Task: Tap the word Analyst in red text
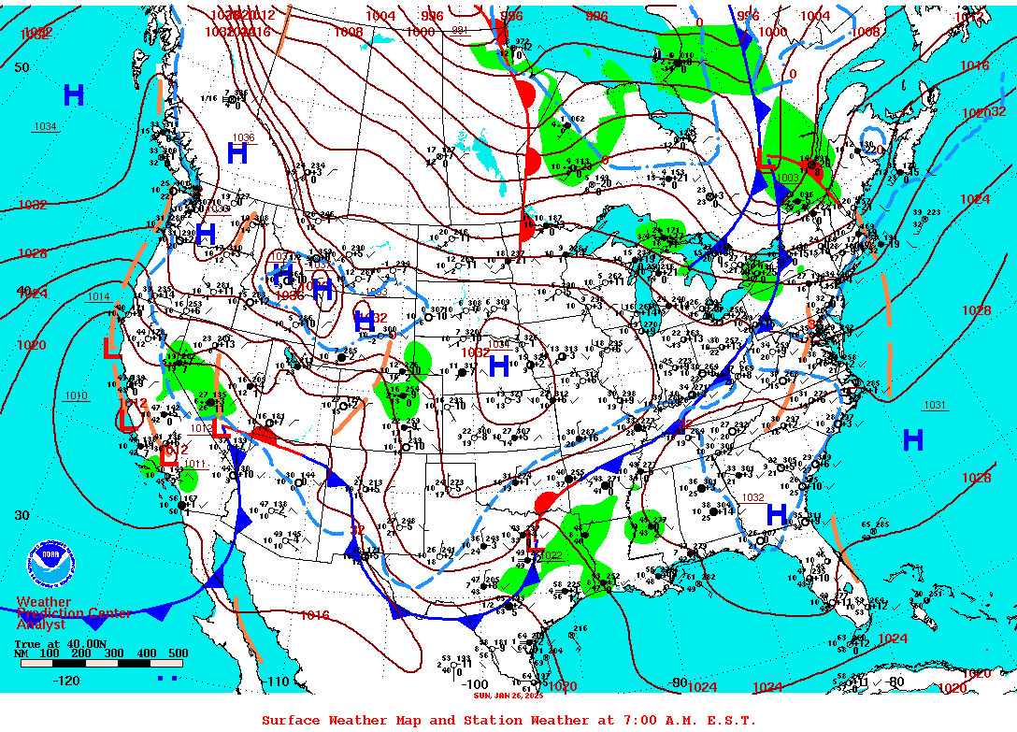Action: coord(41,624)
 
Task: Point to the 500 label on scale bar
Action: coord(178,653)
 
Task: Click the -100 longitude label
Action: coord(476,684)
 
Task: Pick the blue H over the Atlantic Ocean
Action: coord(913,439)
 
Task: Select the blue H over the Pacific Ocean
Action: coord(74,94)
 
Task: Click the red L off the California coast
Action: coord(111,349)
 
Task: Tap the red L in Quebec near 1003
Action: coord(765,163)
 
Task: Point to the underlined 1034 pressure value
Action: coord(46,126)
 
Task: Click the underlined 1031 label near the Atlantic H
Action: coord(935,405)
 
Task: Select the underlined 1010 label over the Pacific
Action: coord(76,395)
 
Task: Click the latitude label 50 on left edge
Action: coord(21,67)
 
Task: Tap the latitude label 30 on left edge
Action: coord(21,515)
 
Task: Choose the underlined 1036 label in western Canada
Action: coord(243,137)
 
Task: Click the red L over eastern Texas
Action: coord(534,540)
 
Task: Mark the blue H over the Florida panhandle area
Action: coord(776,513)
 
